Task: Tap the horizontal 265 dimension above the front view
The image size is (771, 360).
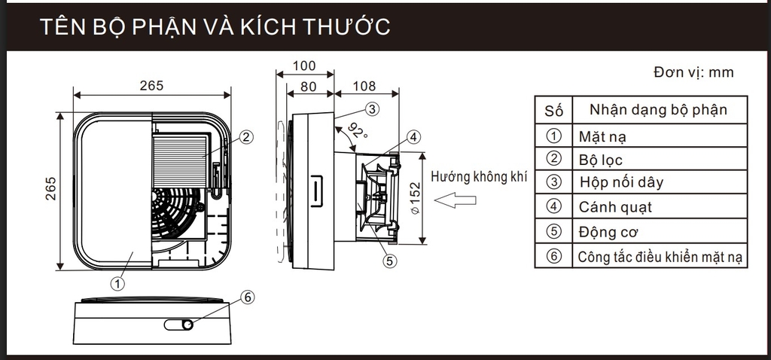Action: pyautogui.click(x=151, y=85)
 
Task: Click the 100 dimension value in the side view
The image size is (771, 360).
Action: pyautogui.click(x=305, y=66)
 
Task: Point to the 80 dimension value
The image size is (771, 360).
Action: pyautogui.click(x=309, y=87)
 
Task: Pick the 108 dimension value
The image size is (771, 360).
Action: pyautogui.click(x=364, y=87)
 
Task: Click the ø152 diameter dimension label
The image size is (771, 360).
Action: pyautogui.click(x=416, y=197)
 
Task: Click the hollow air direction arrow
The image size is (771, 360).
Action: pyautogui.click(x=456, y=200)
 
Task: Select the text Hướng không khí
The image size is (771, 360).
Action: pyautogui.click(x=479, y=178)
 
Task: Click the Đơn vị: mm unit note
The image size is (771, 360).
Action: pyautogui.click(x=693, y=72)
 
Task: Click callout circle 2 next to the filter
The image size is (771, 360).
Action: pyautogui.click(x=246, y=137)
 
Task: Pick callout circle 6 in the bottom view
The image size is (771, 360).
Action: pyautogui.click(x=248, y=297)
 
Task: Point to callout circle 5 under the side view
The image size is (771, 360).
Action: pyautogui.click(x=389, y=261)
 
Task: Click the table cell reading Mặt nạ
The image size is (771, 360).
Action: pyautogui.click(x=603, y=137)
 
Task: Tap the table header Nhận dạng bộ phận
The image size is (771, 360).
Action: pyautogui.click(x=658, y=110)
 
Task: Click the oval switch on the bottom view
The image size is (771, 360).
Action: pyautogui.click(x=178, y=325)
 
